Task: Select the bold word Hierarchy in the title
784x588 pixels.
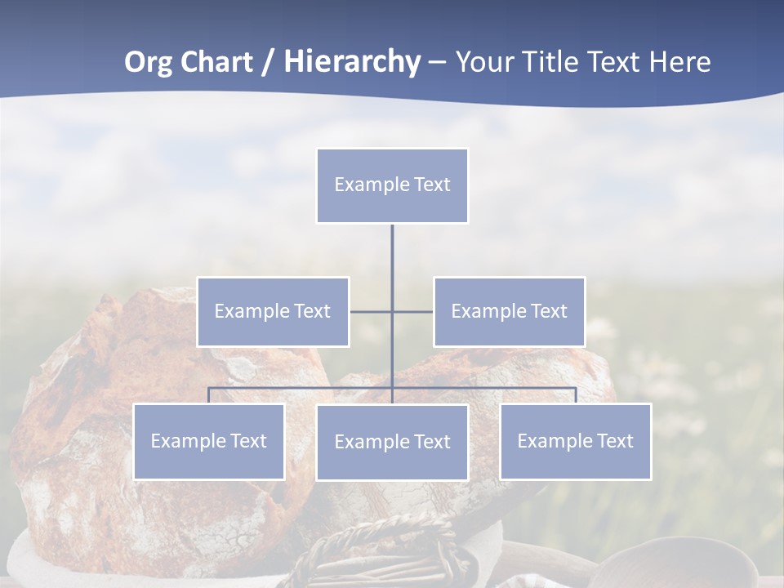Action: tap(352, 62)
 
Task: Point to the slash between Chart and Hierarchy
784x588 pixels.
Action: tap(268, 62)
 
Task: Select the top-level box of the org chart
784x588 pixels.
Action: tap(392, 185)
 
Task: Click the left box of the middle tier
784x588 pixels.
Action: tap(273, 311)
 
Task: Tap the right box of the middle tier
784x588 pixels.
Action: tap(509, 311)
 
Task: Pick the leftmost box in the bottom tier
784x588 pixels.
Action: tap(208, 441)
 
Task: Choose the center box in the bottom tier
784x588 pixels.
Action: tap(392, 442)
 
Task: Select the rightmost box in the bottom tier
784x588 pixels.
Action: tap(575, 441)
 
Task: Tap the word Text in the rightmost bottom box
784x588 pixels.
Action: tap(614, 441)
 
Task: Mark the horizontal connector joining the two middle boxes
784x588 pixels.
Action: tap(412, 311)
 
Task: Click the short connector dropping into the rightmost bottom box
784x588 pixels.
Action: tap(576, 395)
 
